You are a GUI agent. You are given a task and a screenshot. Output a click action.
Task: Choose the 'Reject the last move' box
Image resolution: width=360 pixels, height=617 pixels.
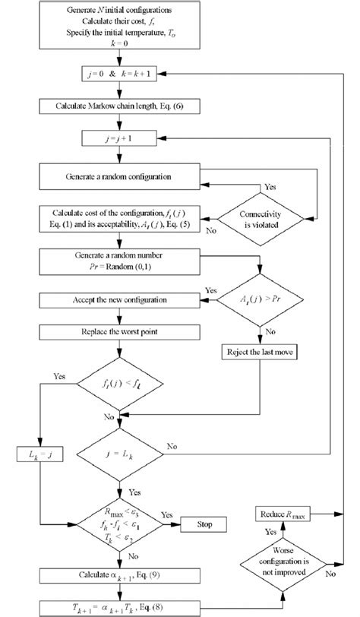pos(261,353)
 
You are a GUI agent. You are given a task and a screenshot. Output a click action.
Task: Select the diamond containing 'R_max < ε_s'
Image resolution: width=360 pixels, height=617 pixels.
pos(115,524)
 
